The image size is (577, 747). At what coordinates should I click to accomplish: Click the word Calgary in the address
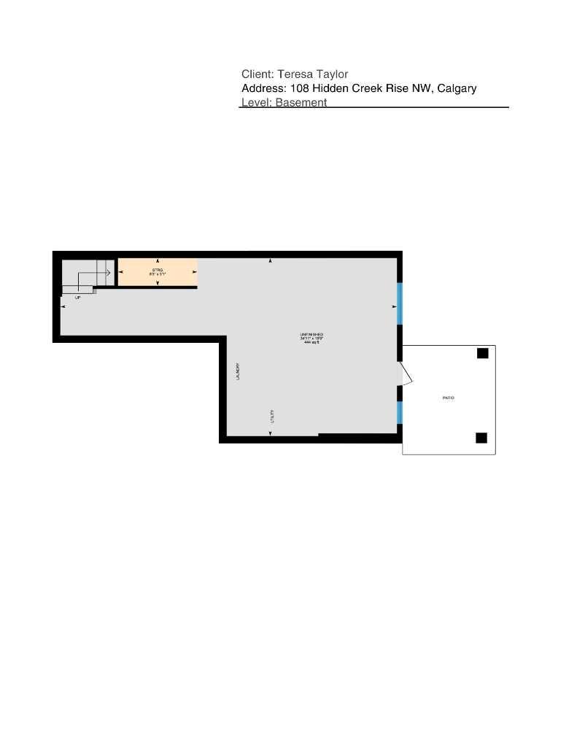point(457,88)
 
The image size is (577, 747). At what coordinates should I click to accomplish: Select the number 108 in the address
point(299,88)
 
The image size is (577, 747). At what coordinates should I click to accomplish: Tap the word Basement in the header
point(301,103)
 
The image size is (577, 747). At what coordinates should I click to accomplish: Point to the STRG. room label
point(158,270)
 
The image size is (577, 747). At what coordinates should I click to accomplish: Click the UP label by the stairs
point(78,298)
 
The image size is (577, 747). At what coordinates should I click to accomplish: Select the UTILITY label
point(272,417)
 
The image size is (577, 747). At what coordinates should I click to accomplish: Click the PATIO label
point(449,398)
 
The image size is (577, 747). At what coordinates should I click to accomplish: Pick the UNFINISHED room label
point(311,335)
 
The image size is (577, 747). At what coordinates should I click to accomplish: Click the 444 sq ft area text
point(311,342)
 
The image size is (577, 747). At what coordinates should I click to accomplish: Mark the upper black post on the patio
point(482,354)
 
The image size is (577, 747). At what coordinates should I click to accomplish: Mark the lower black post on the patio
point(481,438)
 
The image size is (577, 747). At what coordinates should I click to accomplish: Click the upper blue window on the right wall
point(400,303)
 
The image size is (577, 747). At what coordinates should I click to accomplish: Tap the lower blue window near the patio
point(400,413)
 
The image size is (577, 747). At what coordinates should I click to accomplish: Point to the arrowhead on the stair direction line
point(108,273)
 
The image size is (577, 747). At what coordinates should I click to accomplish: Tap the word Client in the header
point(257,74)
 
